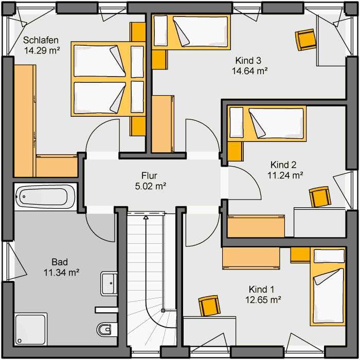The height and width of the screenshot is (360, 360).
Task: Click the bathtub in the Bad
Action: click(45, 196)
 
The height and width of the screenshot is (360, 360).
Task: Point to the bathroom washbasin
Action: click(109, 283)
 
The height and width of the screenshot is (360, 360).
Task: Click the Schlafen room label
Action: click(41, 40)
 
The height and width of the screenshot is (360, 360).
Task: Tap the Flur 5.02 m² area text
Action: click(150, 181)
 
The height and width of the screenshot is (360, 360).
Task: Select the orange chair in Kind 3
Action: click(305, 40)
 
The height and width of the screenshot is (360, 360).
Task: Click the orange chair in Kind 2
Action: click(320, 196)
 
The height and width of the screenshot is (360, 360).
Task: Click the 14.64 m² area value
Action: click(249, 71)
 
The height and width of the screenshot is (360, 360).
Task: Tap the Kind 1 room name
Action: click(261, 290)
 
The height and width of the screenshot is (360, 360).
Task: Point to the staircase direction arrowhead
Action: click(146, 217)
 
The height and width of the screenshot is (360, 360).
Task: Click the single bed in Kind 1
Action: click(328, 286)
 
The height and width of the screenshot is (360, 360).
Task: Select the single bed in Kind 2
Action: click(267, 123)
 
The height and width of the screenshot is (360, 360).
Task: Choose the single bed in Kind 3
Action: click(191, 32)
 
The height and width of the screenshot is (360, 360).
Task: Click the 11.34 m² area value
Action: click(62, 273)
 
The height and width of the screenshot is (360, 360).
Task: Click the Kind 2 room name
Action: click(283, 165)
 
